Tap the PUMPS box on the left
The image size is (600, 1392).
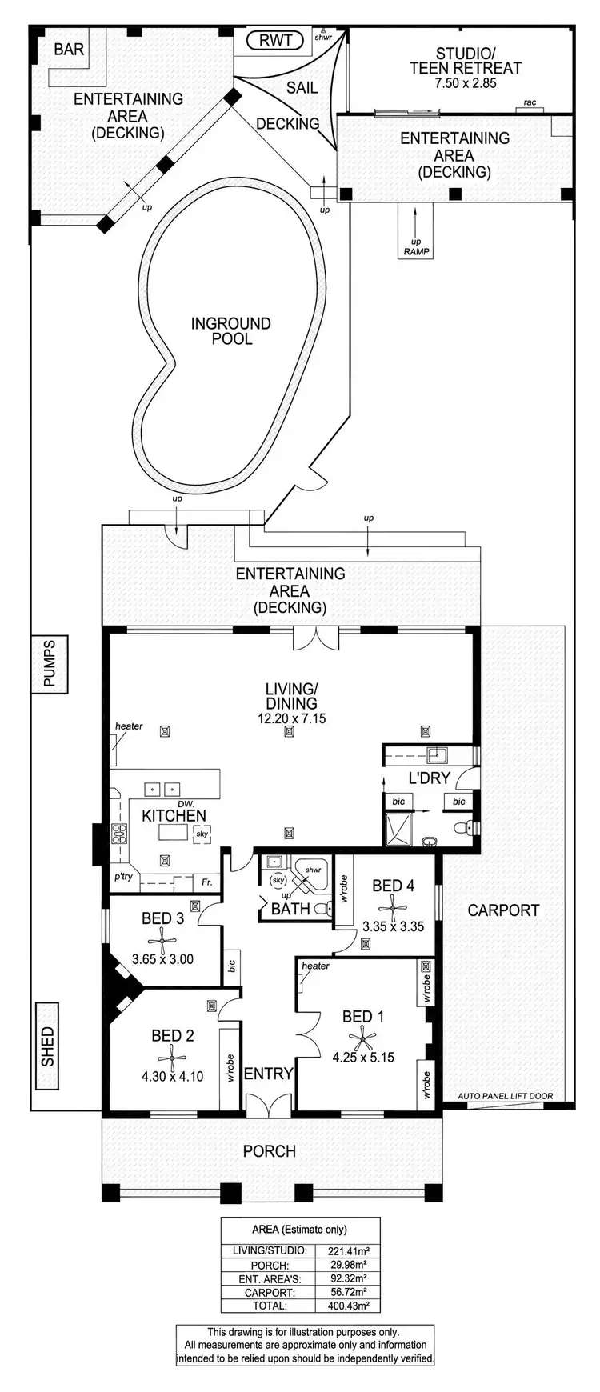click(x=50, y=663)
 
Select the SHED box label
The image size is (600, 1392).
click(x=47, y=1046)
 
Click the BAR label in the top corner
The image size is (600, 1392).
click(x=69, y=50)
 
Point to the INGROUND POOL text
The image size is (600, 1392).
click(x=230, y=331)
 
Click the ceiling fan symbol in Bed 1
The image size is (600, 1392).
click(x=365, y=1038)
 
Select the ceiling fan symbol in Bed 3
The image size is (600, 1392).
click(x=157, y=938)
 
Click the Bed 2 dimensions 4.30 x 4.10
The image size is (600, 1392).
click(x=172, y=1076)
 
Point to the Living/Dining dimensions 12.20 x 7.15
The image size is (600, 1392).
click(x=291, y=718)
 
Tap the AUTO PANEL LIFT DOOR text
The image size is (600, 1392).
click(x=505, y=1096)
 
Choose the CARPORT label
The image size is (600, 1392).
click(x=503, y=910)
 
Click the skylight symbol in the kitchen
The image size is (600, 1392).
click(x=202, y=834)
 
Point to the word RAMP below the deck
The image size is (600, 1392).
click(x=416, y=252)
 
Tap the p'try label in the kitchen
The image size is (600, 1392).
click(x=123, y=876)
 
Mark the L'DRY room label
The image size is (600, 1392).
click(x=429, y=778)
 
